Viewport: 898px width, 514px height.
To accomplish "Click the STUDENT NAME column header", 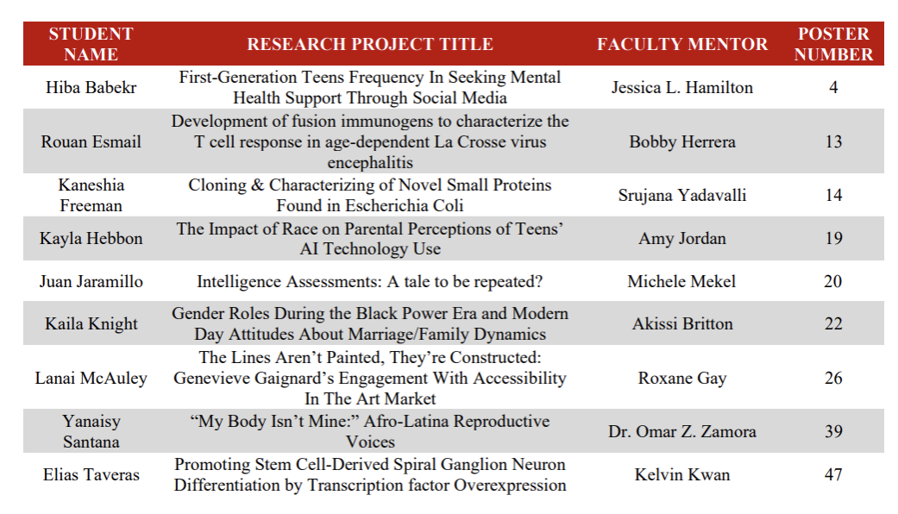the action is (91, 44).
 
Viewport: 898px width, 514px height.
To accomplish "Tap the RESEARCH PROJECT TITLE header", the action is (370, 44).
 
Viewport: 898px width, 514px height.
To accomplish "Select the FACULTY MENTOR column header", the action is (682, 44).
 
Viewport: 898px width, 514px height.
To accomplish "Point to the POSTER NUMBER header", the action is (833, 44).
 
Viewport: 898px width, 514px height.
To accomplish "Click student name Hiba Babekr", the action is (91, 88).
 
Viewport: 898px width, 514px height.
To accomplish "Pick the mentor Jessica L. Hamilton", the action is (682, 88).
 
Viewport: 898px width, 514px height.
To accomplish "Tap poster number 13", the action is (833, 142).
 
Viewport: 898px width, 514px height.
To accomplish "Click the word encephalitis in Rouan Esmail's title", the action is (370, 162).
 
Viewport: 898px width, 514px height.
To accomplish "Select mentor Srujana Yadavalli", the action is (682, 195).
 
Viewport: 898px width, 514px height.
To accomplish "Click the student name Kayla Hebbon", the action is (91, 238).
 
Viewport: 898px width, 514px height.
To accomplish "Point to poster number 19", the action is (833, 238).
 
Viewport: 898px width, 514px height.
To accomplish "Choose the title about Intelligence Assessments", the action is (370, 282).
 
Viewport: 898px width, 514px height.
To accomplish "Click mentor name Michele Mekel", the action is (681, 282).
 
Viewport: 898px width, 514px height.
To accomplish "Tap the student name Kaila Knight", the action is (91, 324).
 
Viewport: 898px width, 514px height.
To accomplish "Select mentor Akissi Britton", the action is (682, 324).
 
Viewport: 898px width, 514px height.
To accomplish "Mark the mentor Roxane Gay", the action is (682, 379).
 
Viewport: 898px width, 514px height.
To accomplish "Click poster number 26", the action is (833, 379).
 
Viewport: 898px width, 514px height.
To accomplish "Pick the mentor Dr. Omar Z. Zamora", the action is (682, 431).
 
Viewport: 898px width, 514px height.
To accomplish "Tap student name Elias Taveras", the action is (91, 475).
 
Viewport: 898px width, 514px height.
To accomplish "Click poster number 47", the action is (833, 475).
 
